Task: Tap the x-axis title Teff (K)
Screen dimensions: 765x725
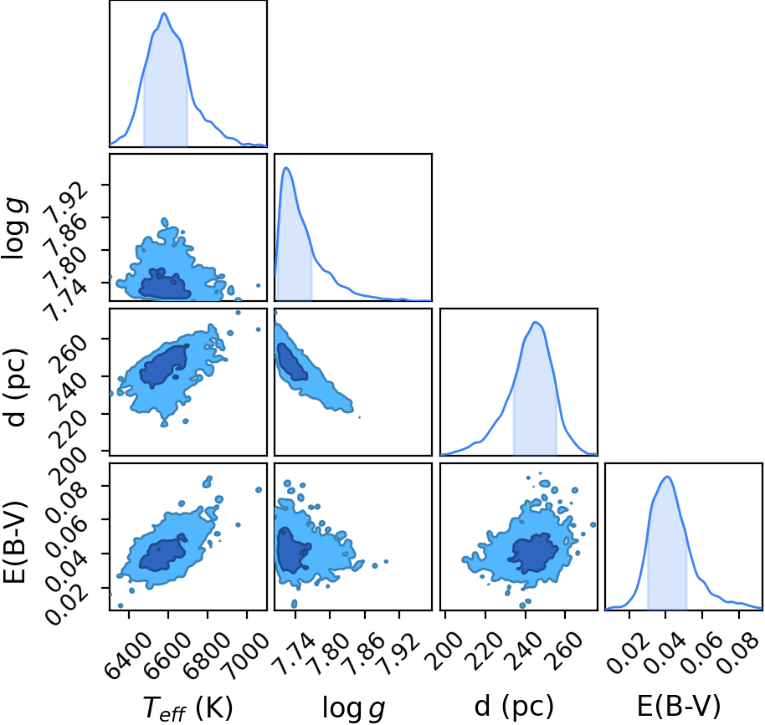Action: pos(187,708)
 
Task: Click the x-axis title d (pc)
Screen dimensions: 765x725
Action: pos(514,706)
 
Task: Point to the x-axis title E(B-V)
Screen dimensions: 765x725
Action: pos(679,706)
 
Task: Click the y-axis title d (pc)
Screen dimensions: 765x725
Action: pos(14,387)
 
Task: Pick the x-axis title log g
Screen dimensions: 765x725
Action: pos(354,708)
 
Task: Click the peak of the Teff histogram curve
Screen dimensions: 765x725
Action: pos(164,13)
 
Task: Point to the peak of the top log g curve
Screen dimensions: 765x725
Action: pos(286,168)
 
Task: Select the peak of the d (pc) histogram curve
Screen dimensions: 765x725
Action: pos(536,322)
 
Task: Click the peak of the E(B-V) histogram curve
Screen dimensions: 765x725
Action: pos(666,477)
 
